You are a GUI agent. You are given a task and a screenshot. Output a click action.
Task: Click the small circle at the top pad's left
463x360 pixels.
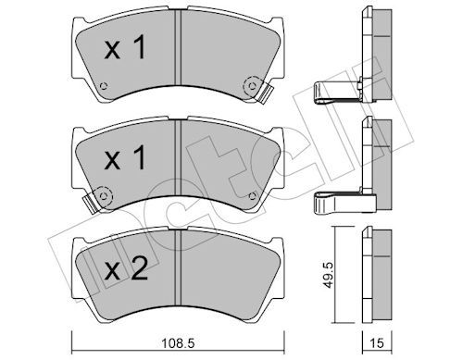point(103,89)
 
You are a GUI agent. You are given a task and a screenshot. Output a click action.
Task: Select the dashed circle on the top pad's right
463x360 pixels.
point(251,86)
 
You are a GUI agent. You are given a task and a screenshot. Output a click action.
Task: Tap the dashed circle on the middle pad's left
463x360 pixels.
point(102,195)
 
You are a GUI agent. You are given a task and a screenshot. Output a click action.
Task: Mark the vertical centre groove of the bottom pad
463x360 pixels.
point(176,273)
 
